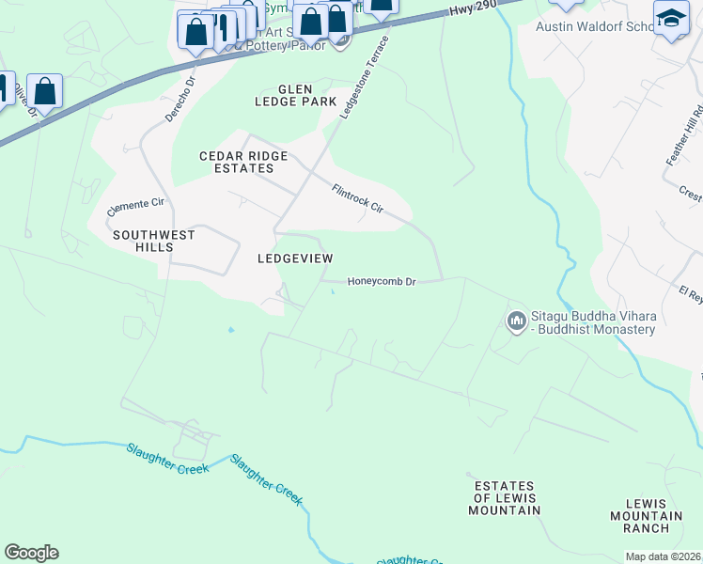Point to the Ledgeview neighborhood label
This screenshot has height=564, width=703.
coord(295,258)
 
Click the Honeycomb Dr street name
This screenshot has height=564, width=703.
coord(382,281)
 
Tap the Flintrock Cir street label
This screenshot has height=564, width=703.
coord(358,197)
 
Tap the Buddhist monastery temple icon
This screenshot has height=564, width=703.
coord(516,322)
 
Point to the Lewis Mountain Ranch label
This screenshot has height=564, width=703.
coord(646,516)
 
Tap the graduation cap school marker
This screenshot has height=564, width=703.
coord(671,19)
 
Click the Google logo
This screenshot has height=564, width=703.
coord(31,553)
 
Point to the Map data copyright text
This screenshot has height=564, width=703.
coord(663,556)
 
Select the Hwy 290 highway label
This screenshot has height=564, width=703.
coord(466,11)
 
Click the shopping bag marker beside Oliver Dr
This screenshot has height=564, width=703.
coord(44,92)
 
